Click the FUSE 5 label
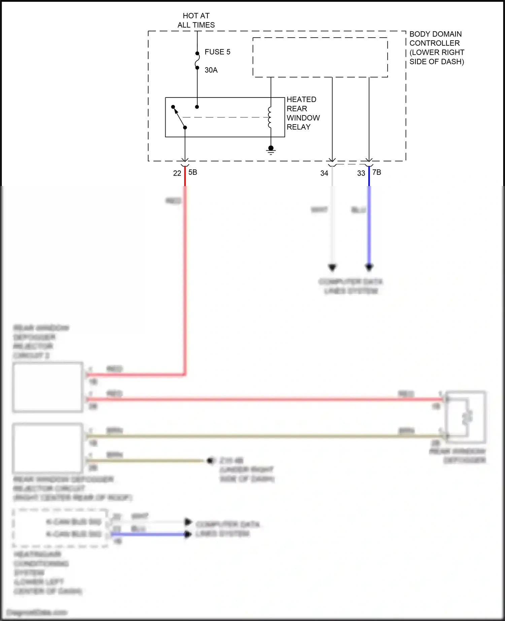[217, 52]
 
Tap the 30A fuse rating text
[211, 70]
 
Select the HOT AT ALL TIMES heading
[196, 20]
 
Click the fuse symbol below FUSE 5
[197, 61]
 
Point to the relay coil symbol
[270, 117]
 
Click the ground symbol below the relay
[271, 150]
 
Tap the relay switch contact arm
[179, 117]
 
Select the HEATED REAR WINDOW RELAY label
[303, 113]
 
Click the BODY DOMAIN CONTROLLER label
[436, 47]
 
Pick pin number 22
[177, 173]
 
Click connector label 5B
[193, 172]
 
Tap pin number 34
[324, 173]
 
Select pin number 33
[361, 173]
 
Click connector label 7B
[377, 172]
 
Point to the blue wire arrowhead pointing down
[369, 267]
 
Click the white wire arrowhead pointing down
[332, 267]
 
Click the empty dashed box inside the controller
[320, 57]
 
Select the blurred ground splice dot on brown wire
[211, 461]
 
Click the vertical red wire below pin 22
[185, 269]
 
